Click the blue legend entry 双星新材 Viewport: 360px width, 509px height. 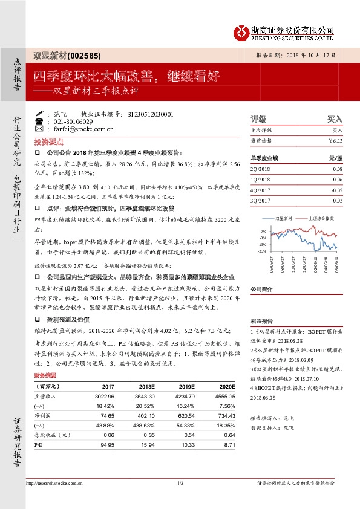tap(284, 216)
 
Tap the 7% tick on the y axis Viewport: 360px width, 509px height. tap(263, 231)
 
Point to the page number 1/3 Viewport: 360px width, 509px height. tap(180, 482)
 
